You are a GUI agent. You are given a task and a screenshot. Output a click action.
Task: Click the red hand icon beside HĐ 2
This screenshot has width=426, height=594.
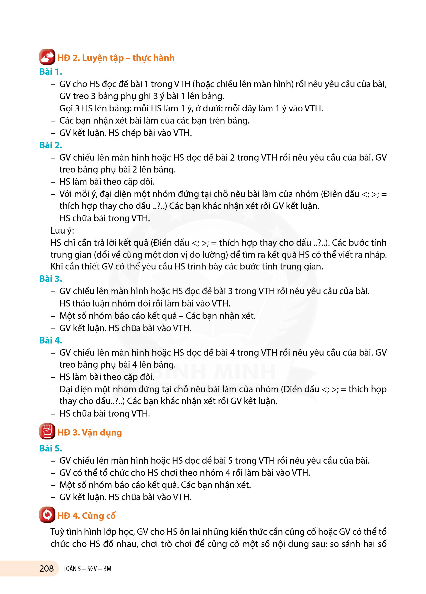(47, 57)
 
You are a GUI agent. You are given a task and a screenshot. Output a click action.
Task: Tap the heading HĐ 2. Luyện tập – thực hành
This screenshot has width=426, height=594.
(116, 58)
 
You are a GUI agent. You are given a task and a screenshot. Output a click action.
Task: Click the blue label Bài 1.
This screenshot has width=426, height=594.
(50, 72)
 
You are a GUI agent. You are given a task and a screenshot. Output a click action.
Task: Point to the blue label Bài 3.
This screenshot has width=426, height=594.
(50, 279)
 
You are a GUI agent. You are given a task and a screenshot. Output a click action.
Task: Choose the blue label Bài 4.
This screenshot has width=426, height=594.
(50, 340)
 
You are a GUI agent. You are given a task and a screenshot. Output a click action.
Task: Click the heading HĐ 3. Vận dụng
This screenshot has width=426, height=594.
(90, 432)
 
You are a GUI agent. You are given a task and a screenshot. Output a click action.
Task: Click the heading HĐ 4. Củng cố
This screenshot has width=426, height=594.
(86, 516)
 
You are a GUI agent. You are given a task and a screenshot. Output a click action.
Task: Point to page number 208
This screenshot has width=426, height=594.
(46, 568)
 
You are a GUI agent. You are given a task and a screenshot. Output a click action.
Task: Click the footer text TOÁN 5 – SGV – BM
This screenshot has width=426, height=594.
(87, 569)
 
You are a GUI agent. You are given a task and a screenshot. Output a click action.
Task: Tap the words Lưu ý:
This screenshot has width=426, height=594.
(62, 230)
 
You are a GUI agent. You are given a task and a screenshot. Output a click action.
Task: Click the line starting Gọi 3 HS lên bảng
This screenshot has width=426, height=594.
(191, 108)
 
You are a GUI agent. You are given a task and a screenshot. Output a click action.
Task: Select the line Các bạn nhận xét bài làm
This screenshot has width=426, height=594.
(154, 121)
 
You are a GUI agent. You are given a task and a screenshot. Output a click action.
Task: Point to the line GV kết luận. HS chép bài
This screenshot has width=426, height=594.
(125, 133)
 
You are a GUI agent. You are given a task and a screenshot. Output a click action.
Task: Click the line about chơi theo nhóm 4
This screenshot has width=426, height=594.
(185, 473)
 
